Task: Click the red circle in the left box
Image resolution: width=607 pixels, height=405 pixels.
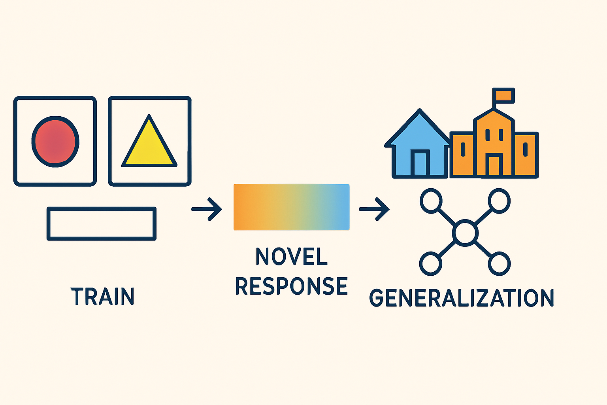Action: point(55,141)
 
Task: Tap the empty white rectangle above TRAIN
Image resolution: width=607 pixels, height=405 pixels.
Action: point(102,223)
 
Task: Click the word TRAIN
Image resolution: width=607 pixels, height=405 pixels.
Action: point(103,296)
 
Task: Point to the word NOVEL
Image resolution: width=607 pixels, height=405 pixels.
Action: point(292,257)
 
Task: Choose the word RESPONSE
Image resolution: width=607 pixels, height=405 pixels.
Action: point(292,286)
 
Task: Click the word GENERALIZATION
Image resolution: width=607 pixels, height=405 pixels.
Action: point(462,298)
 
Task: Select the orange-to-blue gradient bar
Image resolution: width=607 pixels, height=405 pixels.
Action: point(292,207)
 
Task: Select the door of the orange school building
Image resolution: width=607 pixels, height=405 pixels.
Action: point(494,165)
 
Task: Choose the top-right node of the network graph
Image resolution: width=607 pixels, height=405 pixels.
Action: point(499,201)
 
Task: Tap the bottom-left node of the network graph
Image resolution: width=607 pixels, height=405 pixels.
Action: point(430,263)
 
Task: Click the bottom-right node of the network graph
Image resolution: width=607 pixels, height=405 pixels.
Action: point(499,263)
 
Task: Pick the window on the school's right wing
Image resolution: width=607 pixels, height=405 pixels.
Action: point(525,149)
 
